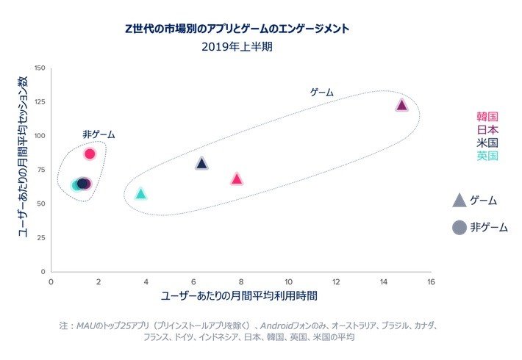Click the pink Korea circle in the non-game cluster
(x=90, y=154)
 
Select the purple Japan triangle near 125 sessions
(x=401, y=105)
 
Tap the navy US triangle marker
(x=202, y=163)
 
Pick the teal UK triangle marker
(x=141, y=194)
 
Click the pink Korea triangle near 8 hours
(x=237, y=179)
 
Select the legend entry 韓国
(x=487, y=116)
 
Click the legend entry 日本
(x=487, y=129)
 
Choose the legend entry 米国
(x=487, y=143)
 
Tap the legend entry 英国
(x=487, y=156)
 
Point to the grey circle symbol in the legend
(x=460, y=228)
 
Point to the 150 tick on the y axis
(x=40, y=68)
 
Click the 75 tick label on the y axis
(x=41, y=170)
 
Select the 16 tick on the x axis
(x=431, y=281)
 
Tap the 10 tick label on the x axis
(x=288, y=281)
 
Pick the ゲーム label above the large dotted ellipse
(x=322, y=93)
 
